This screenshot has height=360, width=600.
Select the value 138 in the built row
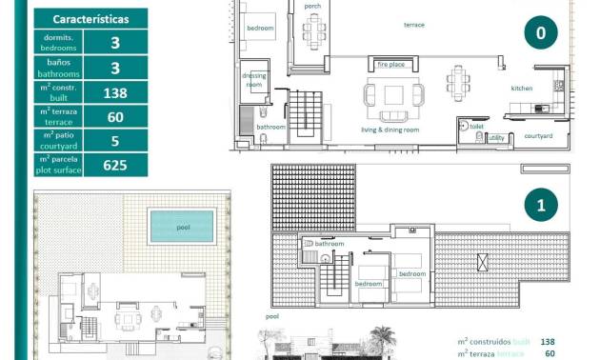114,92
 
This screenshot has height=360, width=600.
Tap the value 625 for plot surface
114,165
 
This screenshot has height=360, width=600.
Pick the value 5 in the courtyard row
114,141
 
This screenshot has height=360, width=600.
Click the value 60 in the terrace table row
114,116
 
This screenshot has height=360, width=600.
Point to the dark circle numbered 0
540,32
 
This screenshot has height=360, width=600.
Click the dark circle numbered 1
540,205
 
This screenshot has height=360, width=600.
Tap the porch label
312,7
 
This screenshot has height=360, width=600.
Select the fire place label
391,65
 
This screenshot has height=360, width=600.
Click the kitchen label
522,89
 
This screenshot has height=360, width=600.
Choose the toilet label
477,126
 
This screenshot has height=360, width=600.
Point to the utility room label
496,138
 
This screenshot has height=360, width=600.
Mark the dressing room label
253,80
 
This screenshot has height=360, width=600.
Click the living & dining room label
390,130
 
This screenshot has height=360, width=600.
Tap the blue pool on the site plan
181,227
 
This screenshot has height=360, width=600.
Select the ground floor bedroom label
260,29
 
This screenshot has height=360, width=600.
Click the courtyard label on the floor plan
538,135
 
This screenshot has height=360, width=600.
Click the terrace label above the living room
414,25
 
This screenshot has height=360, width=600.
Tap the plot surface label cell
58,165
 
